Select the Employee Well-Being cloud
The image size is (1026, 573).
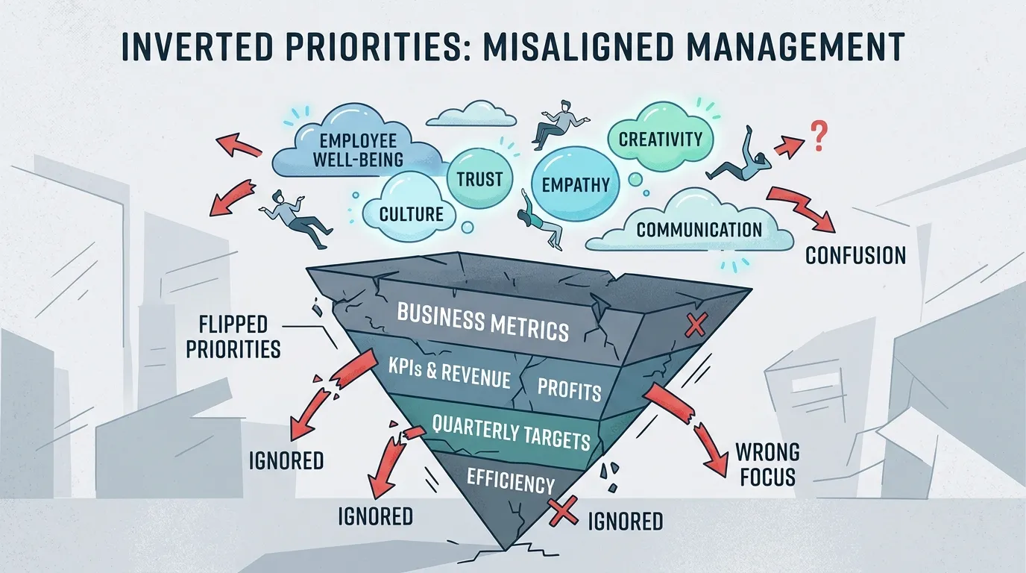click(x=358, y=148)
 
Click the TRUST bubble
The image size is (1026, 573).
click(x=479, y=180)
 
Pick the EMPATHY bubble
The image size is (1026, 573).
click(x=576, y=185)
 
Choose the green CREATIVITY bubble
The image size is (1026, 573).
click(x=661, y=138)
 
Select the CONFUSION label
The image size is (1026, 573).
click(x=855, y=256)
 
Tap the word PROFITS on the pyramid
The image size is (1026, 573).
click(x=569, y=390)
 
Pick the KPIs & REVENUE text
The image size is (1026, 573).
click(x=450, y=372)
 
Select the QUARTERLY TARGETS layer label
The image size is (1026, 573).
click(x=511, y=432)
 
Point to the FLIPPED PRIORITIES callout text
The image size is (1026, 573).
click(x=233, y=337)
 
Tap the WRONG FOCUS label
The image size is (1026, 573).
click(x=768, y=464)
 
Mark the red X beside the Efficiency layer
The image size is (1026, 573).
click(x=564, y=513)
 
